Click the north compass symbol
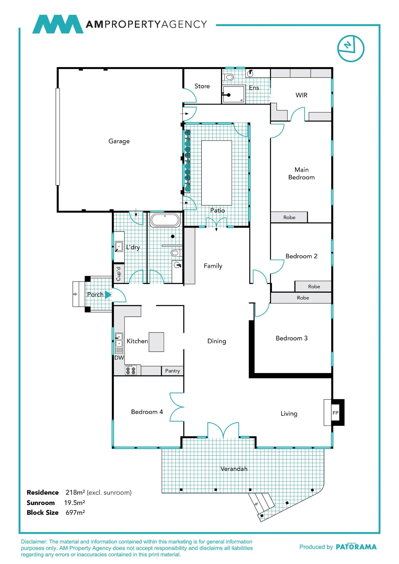[351, 49]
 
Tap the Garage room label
[119, 141]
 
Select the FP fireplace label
[335, 413]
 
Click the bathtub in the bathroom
[165, 220]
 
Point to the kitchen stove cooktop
[131, 370]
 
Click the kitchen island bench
[156, 342]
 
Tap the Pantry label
[172, 371]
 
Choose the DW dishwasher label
[119, 358]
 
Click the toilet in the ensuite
[229, 77]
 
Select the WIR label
[301, 95]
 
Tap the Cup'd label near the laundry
[119, 274]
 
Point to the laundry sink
[119, 246]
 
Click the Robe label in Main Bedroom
[289, 217]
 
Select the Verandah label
[234, 469]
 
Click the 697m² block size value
[75, 512]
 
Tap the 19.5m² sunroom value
[74, 503]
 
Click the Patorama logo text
[356, 547]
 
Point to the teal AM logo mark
[58, 24]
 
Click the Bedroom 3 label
[291, 338]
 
